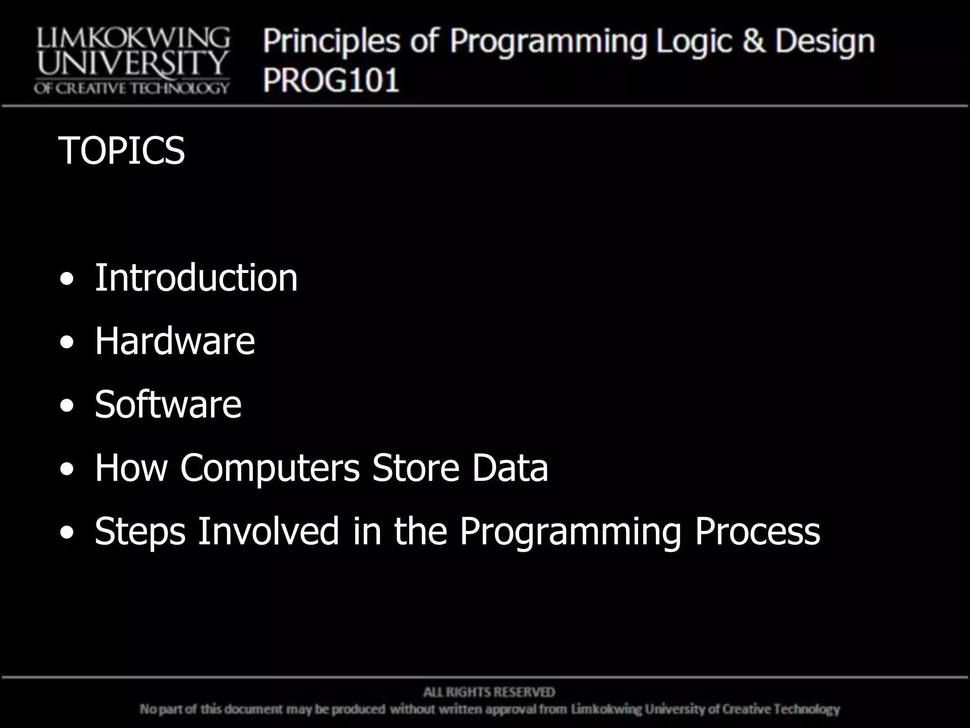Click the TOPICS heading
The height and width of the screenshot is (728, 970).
tap(121, 151)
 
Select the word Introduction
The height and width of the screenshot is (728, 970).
tap(196, 278)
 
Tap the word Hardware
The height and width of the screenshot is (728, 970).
tap(175, 341)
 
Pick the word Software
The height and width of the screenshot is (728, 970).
tap(168, 404)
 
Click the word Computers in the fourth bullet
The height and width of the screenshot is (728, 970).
tap(270, 468)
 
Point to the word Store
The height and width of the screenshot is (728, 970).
tap(415, 468)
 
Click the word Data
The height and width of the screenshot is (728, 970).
tap(510, 468)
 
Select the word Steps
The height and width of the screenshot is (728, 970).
tap(140, 531)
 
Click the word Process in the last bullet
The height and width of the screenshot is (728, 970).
tap(757, 531)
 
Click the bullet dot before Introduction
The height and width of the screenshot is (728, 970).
tap(67, 280)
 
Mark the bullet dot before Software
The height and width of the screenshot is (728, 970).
tap(67, 406)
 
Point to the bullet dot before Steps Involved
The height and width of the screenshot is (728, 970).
tap(67, 533)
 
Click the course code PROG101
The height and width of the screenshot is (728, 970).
tap(331, 80)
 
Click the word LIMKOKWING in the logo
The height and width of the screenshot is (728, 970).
tap(133, 38)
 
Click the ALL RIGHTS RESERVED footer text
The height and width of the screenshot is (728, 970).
tap(489, 692)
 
